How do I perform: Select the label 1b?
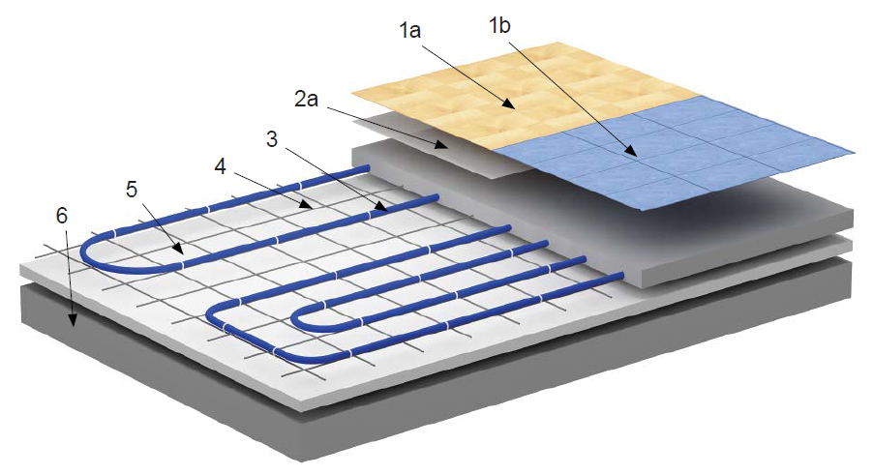(x=499, y=25)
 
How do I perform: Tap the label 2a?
(x=306, y=99)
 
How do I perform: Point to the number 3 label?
(x=272, y=138)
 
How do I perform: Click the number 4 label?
(x=221, y=165)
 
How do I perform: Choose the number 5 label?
(x=132, y=190)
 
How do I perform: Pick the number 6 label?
(x=62, y=216)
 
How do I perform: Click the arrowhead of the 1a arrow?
(x=509, y=104)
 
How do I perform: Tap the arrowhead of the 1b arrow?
(x=632, y=150)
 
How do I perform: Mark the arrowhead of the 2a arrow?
(x=442, y=146)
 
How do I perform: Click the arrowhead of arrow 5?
(x=178, y=250)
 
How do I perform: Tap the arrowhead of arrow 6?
(x=72, y=319)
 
